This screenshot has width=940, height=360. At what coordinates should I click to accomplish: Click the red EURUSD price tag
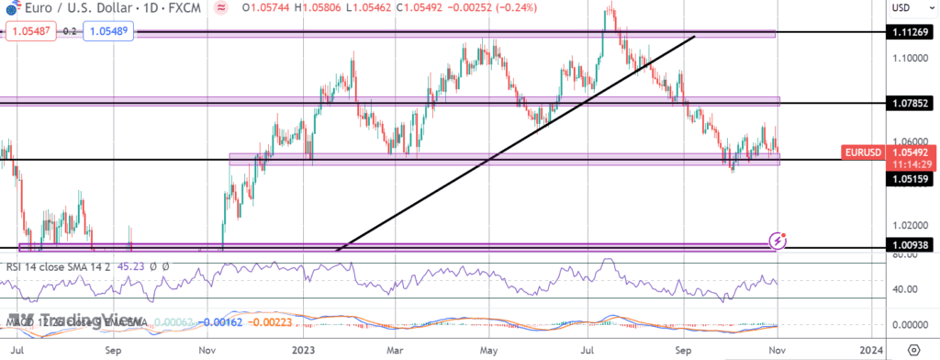[x=863, y=152]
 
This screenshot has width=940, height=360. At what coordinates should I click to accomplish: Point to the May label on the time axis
[x=490, y=351]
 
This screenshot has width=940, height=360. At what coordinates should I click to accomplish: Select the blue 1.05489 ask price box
[x=108, y=31]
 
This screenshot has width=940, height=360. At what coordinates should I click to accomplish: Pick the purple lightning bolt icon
[x=778, y=242]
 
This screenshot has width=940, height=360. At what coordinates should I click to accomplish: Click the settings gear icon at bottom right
[x=913, y=351]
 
